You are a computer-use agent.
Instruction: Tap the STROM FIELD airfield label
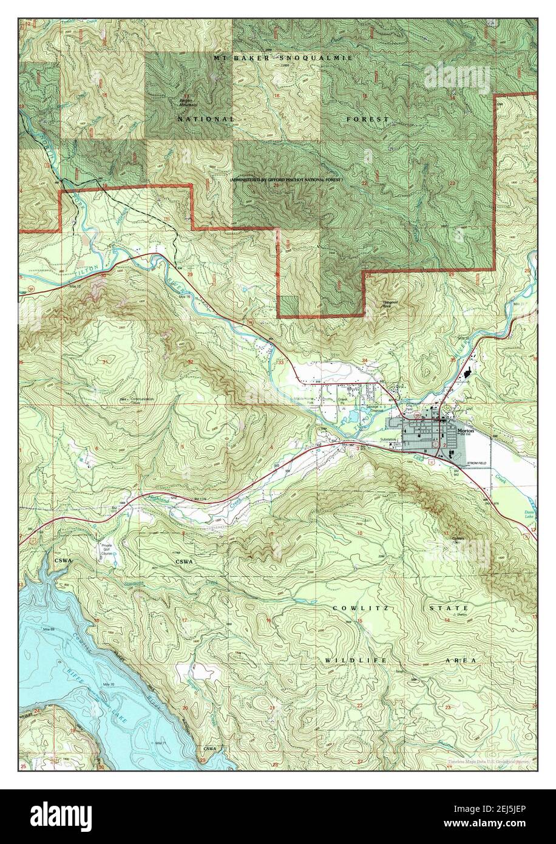pos(478,464)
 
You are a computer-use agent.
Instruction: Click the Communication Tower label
pos(141,401)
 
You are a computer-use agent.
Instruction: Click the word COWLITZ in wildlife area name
pos(357,608)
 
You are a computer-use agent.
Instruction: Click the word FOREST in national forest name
pos(367,120)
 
